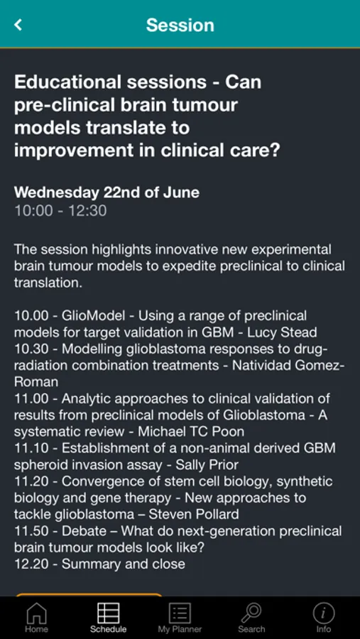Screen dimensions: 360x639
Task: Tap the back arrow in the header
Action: pos(18,24)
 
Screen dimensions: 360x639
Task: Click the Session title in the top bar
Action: pos(180,25)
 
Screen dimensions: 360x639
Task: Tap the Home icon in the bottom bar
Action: pos(36,613)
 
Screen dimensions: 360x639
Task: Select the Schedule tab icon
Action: pos(108,613)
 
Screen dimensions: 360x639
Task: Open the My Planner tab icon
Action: pos(180,613)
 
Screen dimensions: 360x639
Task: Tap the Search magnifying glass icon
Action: pos(251,613)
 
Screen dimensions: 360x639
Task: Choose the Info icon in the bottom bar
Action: pos(324,613)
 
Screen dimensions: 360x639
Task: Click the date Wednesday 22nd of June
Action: pos(107,192)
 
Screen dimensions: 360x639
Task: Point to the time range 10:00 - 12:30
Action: pos(60,211)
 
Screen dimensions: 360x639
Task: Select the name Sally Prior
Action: pos(207,464)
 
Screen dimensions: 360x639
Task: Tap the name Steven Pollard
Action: pos(194,514)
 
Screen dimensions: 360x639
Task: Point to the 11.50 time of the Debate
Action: pos(31,531)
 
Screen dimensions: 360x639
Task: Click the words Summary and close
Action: pos(124,564)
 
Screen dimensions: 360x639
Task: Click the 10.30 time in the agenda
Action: pos(31,349)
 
